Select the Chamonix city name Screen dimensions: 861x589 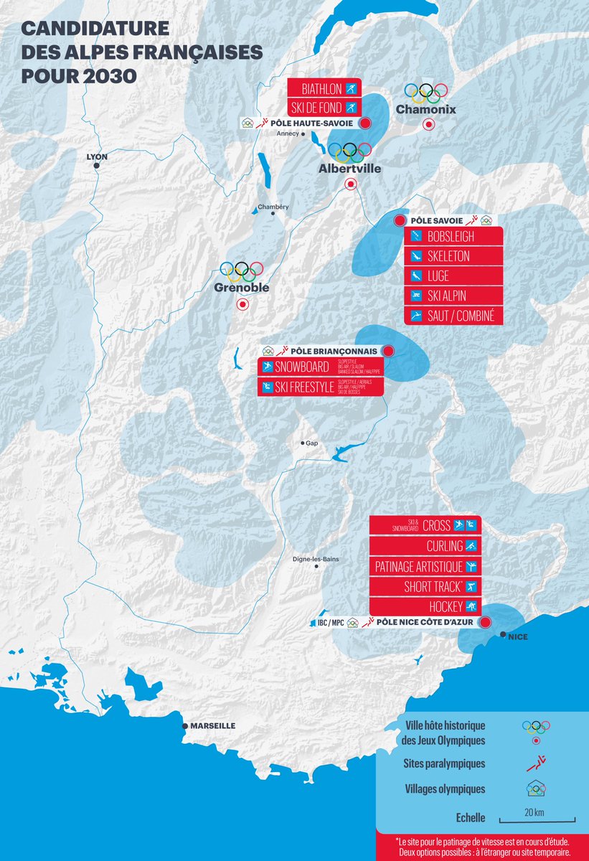(426, 110)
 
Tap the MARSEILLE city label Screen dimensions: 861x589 (213, 725)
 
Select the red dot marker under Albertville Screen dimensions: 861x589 (351, 184)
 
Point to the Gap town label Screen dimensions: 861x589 (312, 443)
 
